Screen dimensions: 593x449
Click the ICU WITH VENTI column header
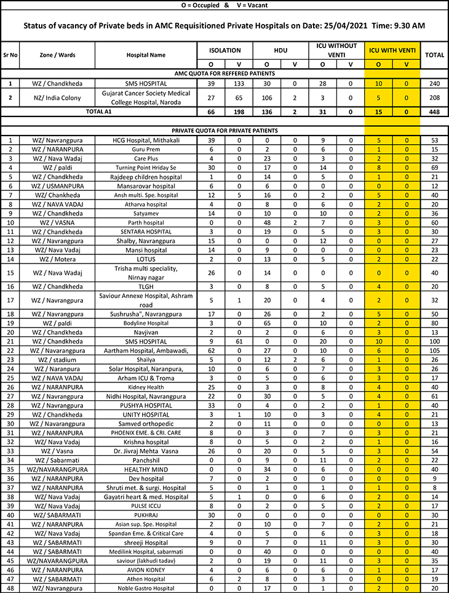click(392, 50)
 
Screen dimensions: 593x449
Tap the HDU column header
click(280, 50)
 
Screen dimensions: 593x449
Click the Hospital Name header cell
click(146, 55)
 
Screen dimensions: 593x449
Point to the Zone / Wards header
click(58, 55)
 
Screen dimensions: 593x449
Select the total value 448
click(434, 111)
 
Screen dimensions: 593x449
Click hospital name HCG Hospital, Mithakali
click(146, 140)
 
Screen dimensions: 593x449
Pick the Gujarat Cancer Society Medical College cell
click(146, 97)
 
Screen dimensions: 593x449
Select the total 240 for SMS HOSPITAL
click(434, 83)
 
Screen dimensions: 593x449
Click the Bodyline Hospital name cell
click(146, 323)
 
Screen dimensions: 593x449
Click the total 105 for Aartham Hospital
click(434, 350)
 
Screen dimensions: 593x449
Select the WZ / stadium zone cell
click(58, 360)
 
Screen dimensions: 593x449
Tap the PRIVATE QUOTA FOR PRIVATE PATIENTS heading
click(224, 131)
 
